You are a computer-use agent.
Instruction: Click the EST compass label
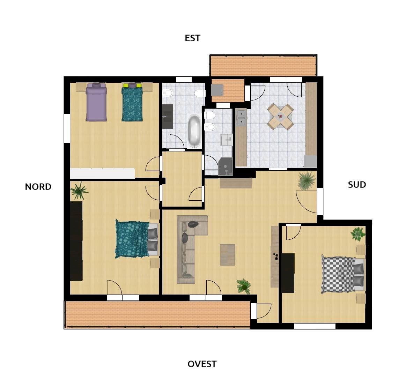[192, 38]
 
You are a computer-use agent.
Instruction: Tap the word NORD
[38, 187]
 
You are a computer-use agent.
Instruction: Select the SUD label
[357, 185]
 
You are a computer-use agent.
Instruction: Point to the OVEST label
[202, 364]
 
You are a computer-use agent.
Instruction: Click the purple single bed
[96, 102]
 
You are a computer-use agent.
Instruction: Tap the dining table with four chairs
[280, 117]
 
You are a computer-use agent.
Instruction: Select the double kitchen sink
[241, 118]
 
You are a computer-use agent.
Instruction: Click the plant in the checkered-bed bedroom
[358, 234]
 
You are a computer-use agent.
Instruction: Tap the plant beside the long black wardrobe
[80, 191]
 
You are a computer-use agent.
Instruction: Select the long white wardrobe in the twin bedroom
[102, 173]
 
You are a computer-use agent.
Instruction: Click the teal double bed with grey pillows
[137, 239]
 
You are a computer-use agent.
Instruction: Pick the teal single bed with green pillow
[132, 102]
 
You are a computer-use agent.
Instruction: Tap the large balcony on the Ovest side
[158, 314]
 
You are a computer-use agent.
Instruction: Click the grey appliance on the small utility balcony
[217, 90]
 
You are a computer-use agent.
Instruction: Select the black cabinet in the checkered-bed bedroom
[288, 273]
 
